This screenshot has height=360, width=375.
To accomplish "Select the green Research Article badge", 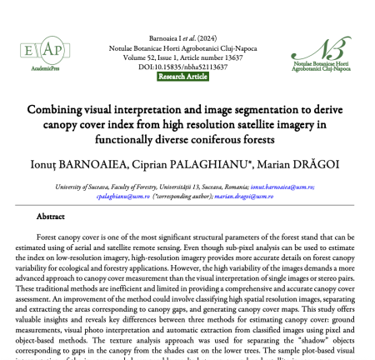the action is tap(187, 77).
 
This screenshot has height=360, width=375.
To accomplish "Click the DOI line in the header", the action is tap(187, 67).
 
